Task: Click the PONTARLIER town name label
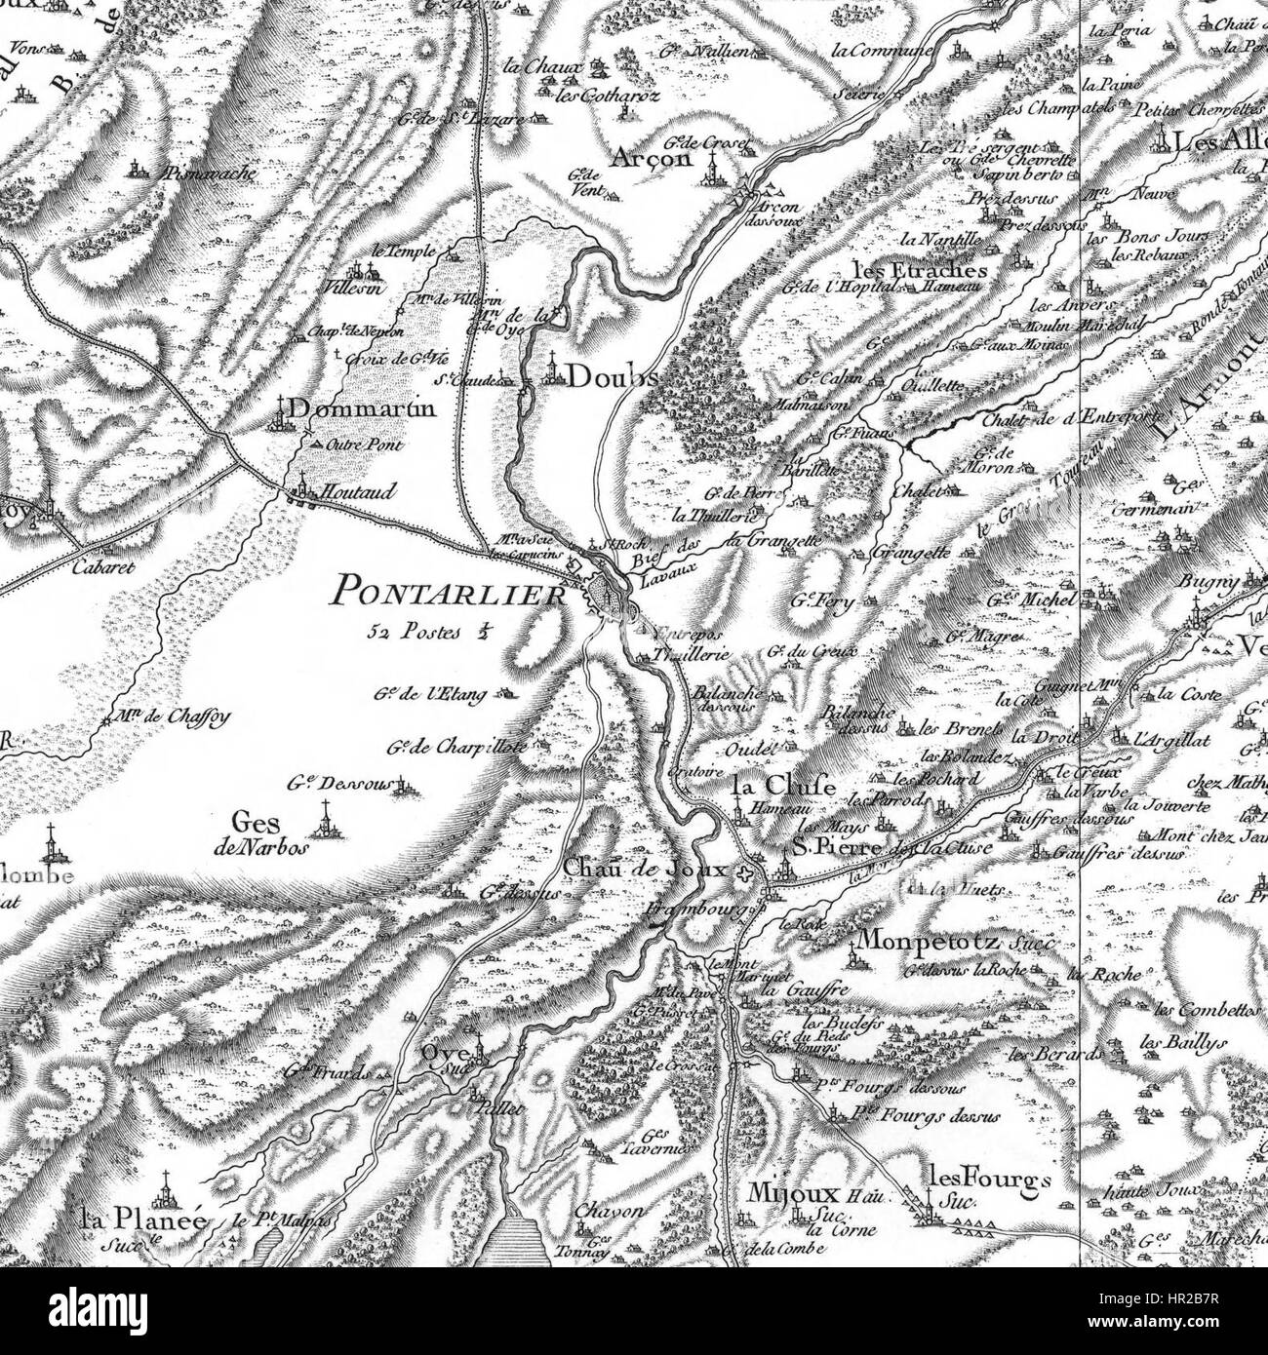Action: tap(449, 591)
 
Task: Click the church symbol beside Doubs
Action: tap(551, 371)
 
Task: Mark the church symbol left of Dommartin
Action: tap(284, 411)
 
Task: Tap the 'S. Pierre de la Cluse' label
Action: tap(890, 848)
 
